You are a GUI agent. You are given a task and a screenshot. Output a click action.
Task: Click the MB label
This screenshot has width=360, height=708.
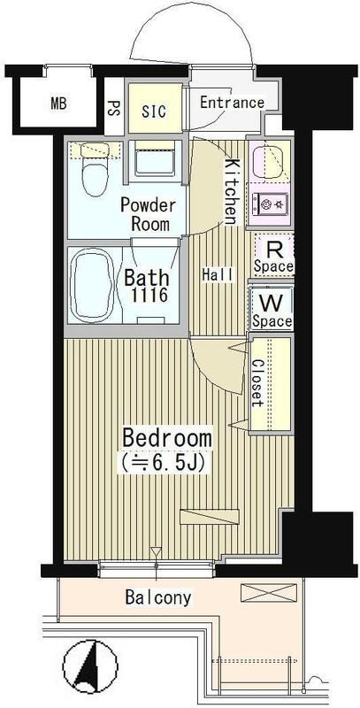[58, 104]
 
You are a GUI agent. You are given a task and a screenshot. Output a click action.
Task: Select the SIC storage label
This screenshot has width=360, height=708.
[154, 112]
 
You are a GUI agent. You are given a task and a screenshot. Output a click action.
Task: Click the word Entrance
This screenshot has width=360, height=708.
[232, 103]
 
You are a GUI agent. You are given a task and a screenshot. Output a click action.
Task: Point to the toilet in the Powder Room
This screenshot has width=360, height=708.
[95, 168]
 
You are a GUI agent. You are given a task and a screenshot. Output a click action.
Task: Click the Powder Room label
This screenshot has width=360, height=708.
[148, 214]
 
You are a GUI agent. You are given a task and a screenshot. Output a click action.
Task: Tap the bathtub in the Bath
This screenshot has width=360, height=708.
[92, 285]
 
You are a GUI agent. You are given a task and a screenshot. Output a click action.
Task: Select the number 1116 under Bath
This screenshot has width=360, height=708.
[149, 296]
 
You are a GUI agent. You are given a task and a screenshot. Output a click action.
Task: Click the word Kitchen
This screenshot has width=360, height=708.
[231, 192]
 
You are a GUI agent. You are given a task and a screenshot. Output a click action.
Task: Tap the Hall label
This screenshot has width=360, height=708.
[218, 274]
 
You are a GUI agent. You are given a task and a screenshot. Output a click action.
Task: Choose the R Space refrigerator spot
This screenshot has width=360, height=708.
[273, 256]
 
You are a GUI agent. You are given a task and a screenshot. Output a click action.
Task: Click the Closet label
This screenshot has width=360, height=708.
[258, 382]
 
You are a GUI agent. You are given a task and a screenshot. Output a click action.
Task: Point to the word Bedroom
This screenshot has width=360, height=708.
[167, 438]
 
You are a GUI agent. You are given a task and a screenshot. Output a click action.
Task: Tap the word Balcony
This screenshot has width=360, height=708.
[158, 598]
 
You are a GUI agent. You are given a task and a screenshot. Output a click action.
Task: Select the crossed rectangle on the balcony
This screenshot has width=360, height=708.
[269, 592]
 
